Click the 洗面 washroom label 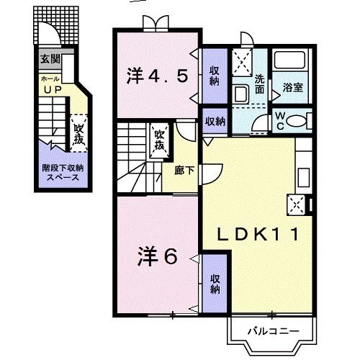[x=259, y=86]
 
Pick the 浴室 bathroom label [x=292, y=87]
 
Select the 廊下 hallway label [x=184, y=171]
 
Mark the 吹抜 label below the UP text [x=79, y=132]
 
